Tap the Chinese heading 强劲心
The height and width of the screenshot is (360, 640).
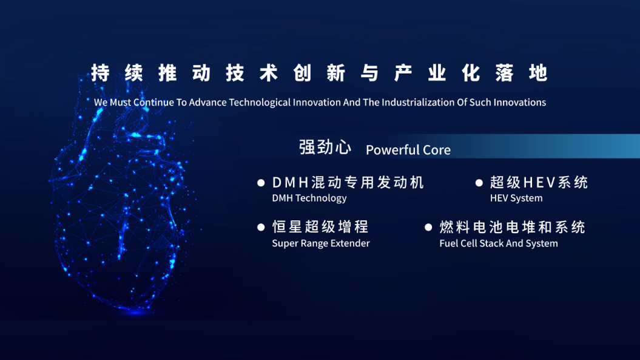[x=325, y=147]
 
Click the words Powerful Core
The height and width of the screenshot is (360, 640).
[x=408, y=150]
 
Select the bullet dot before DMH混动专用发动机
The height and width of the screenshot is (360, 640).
[x=261, y=183]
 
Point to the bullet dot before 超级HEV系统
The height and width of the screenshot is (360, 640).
[x=479, y=183]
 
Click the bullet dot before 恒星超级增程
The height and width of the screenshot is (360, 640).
[x=261, y=227]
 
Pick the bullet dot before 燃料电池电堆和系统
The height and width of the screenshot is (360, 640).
[x=428, y=227]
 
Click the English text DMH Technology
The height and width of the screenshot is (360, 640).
[x=309, y=198]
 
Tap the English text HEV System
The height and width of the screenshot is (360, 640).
[x=516, y=198]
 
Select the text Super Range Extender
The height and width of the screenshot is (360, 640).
[x=321, y=243]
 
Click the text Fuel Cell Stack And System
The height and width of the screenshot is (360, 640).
[x=499, y=243]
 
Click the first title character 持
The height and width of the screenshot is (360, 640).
[x=101, y=73]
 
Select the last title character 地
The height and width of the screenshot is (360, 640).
[x=538, y=73]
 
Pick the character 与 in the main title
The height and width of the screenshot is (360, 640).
[x=369, y=73]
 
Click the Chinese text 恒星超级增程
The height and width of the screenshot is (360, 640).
[x=320, y=227]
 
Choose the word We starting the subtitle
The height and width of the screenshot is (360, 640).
[x=101, y=102]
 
